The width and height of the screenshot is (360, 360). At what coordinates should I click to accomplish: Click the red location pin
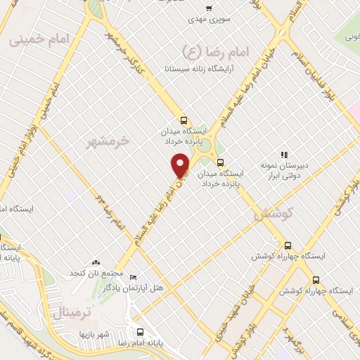point(181,165)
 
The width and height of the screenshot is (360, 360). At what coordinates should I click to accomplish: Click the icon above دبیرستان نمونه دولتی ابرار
point(285,155)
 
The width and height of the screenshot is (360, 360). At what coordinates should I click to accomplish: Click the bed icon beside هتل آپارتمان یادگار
point(134,278)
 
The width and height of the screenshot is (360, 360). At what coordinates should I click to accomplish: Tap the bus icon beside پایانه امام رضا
point(140,332)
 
